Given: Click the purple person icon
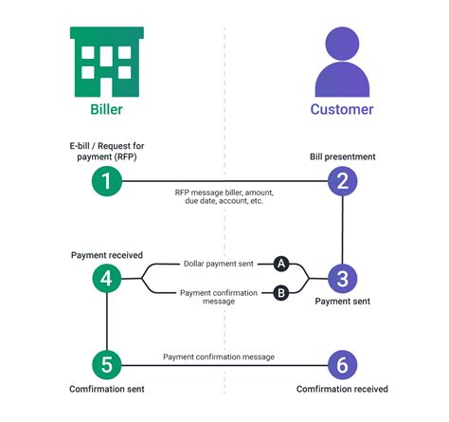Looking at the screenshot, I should pos(342,62).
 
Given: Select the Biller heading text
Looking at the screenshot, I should pos(106,109).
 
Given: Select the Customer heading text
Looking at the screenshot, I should pos(342,109).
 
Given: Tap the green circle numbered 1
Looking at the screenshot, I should pos(107,182).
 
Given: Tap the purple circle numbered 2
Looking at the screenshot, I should pos(342,182).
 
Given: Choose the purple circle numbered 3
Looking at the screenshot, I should pos(342,278).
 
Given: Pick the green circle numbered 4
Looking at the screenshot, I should pos(107,278).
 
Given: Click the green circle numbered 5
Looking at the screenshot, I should pos(107,364).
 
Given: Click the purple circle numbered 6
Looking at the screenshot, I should pos(342,364).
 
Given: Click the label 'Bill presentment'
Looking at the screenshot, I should pos(342,156).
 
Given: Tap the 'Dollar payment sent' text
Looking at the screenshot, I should pos(219,263).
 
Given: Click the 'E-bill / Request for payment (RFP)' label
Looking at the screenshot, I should pos(106,150).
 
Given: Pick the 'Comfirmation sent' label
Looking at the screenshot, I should pos(107,390).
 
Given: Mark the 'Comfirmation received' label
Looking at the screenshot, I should pos(342,390).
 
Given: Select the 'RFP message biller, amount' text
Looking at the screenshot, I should pos(224,193).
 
